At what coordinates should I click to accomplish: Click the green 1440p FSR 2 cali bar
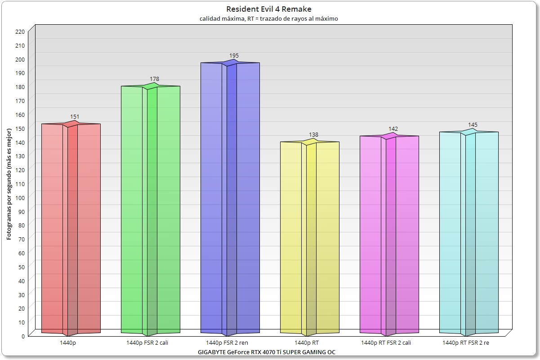coord(150,207)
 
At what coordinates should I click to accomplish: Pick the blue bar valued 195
coord(230,198)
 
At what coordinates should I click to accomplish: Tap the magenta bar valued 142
coord(389,234)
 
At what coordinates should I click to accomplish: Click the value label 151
coord(75,117)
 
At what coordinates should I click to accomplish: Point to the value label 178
coord(154,79)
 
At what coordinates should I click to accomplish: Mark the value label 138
coord(313,135)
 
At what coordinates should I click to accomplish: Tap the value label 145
coord(473,125)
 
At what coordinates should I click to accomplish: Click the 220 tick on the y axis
coord(20,31)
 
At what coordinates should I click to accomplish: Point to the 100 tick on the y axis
coord(20,197)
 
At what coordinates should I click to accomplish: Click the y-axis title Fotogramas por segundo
coord(9,183)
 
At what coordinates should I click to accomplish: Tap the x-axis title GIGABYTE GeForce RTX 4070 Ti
coord(267,352)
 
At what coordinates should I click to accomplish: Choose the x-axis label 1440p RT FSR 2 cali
coord(386,342)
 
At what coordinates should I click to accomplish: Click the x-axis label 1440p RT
coord(307,342)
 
